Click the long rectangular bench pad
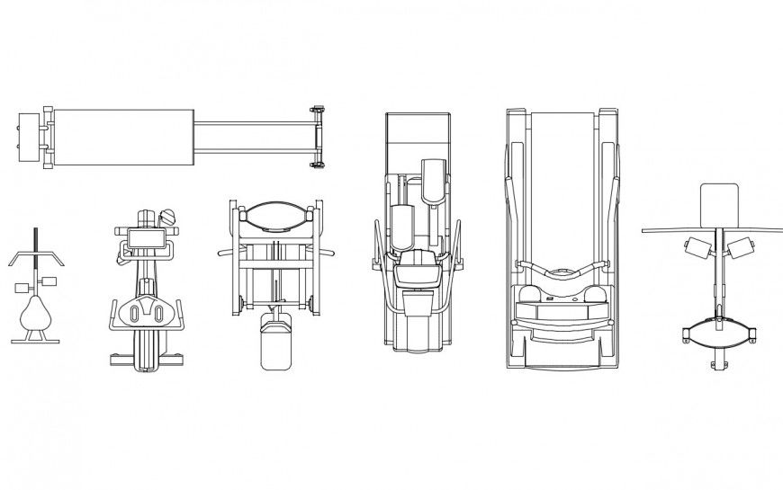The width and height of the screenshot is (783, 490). [123, 138]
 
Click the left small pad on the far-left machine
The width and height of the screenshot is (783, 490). [23, 287]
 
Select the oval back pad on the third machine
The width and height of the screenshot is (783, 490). [276, 215]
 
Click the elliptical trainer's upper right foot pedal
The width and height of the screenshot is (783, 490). [433, 176]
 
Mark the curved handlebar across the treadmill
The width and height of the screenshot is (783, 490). [562, 269]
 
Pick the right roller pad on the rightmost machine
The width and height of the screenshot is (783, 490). [742, 247]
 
